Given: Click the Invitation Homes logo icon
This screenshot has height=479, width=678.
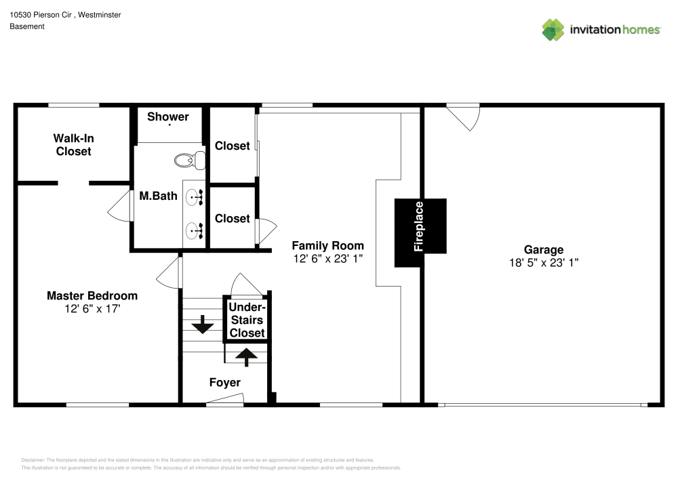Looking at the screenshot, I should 553,29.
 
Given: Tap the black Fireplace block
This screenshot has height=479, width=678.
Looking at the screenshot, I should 420,226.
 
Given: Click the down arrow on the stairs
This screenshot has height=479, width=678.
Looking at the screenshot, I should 201,325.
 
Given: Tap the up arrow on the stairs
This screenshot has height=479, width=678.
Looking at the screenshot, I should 246,356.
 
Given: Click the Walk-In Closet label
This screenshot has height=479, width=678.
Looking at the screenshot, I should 73,145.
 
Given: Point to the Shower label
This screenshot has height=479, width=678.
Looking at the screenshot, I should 168,117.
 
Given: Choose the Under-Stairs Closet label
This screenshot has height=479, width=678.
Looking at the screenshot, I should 247,320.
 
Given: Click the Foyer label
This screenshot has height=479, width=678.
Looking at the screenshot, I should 224,383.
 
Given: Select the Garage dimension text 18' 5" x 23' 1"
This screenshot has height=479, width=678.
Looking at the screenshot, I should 543,262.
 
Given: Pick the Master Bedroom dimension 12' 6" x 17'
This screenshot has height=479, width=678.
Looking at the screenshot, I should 92,308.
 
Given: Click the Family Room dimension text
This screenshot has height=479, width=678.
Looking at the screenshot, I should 327,258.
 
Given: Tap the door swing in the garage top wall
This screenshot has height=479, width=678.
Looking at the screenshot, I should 466,117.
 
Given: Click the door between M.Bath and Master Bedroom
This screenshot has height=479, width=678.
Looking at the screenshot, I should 121,205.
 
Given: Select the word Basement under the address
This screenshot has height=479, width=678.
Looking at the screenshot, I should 27,26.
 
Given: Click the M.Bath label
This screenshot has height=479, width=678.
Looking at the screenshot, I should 158,196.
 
